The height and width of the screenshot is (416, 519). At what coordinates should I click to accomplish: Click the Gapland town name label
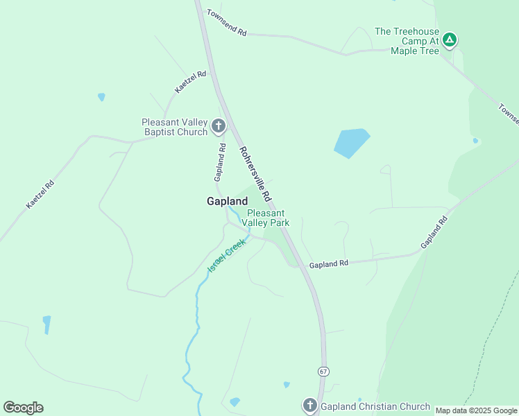pos(227,201)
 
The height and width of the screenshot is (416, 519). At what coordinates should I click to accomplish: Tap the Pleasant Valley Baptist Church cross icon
pos(219,126)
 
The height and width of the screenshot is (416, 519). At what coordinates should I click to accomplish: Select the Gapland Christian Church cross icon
pos(309,406)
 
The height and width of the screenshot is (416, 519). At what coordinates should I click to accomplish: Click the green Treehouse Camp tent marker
pos(450,40)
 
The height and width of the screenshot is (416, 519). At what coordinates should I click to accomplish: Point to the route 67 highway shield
pos(323,372)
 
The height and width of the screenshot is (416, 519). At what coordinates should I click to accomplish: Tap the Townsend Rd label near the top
pos(226,23)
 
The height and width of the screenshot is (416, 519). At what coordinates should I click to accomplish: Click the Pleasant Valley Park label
pos(268,218)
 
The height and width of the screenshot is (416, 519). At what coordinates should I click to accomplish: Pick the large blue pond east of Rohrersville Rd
pos(351,143)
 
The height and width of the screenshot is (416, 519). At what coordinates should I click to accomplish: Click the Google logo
pos(23,408)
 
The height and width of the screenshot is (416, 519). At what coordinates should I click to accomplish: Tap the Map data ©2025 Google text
pos(476,410)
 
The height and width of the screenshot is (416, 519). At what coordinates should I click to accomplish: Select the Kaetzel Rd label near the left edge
pos(40,195)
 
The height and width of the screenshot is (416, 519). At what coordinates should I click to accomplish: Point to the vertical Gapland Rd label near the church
pos(221,159)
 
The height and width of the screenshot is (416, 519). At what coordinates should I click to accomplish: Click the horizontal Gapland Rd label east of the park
pos(328,264)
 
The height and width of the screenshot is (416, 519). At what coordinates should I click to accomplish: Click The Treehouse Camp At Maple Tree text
pos(407,41)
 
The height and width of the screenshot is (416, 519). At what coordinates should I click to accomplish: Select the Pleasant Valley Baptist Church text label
pos(175,127)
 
